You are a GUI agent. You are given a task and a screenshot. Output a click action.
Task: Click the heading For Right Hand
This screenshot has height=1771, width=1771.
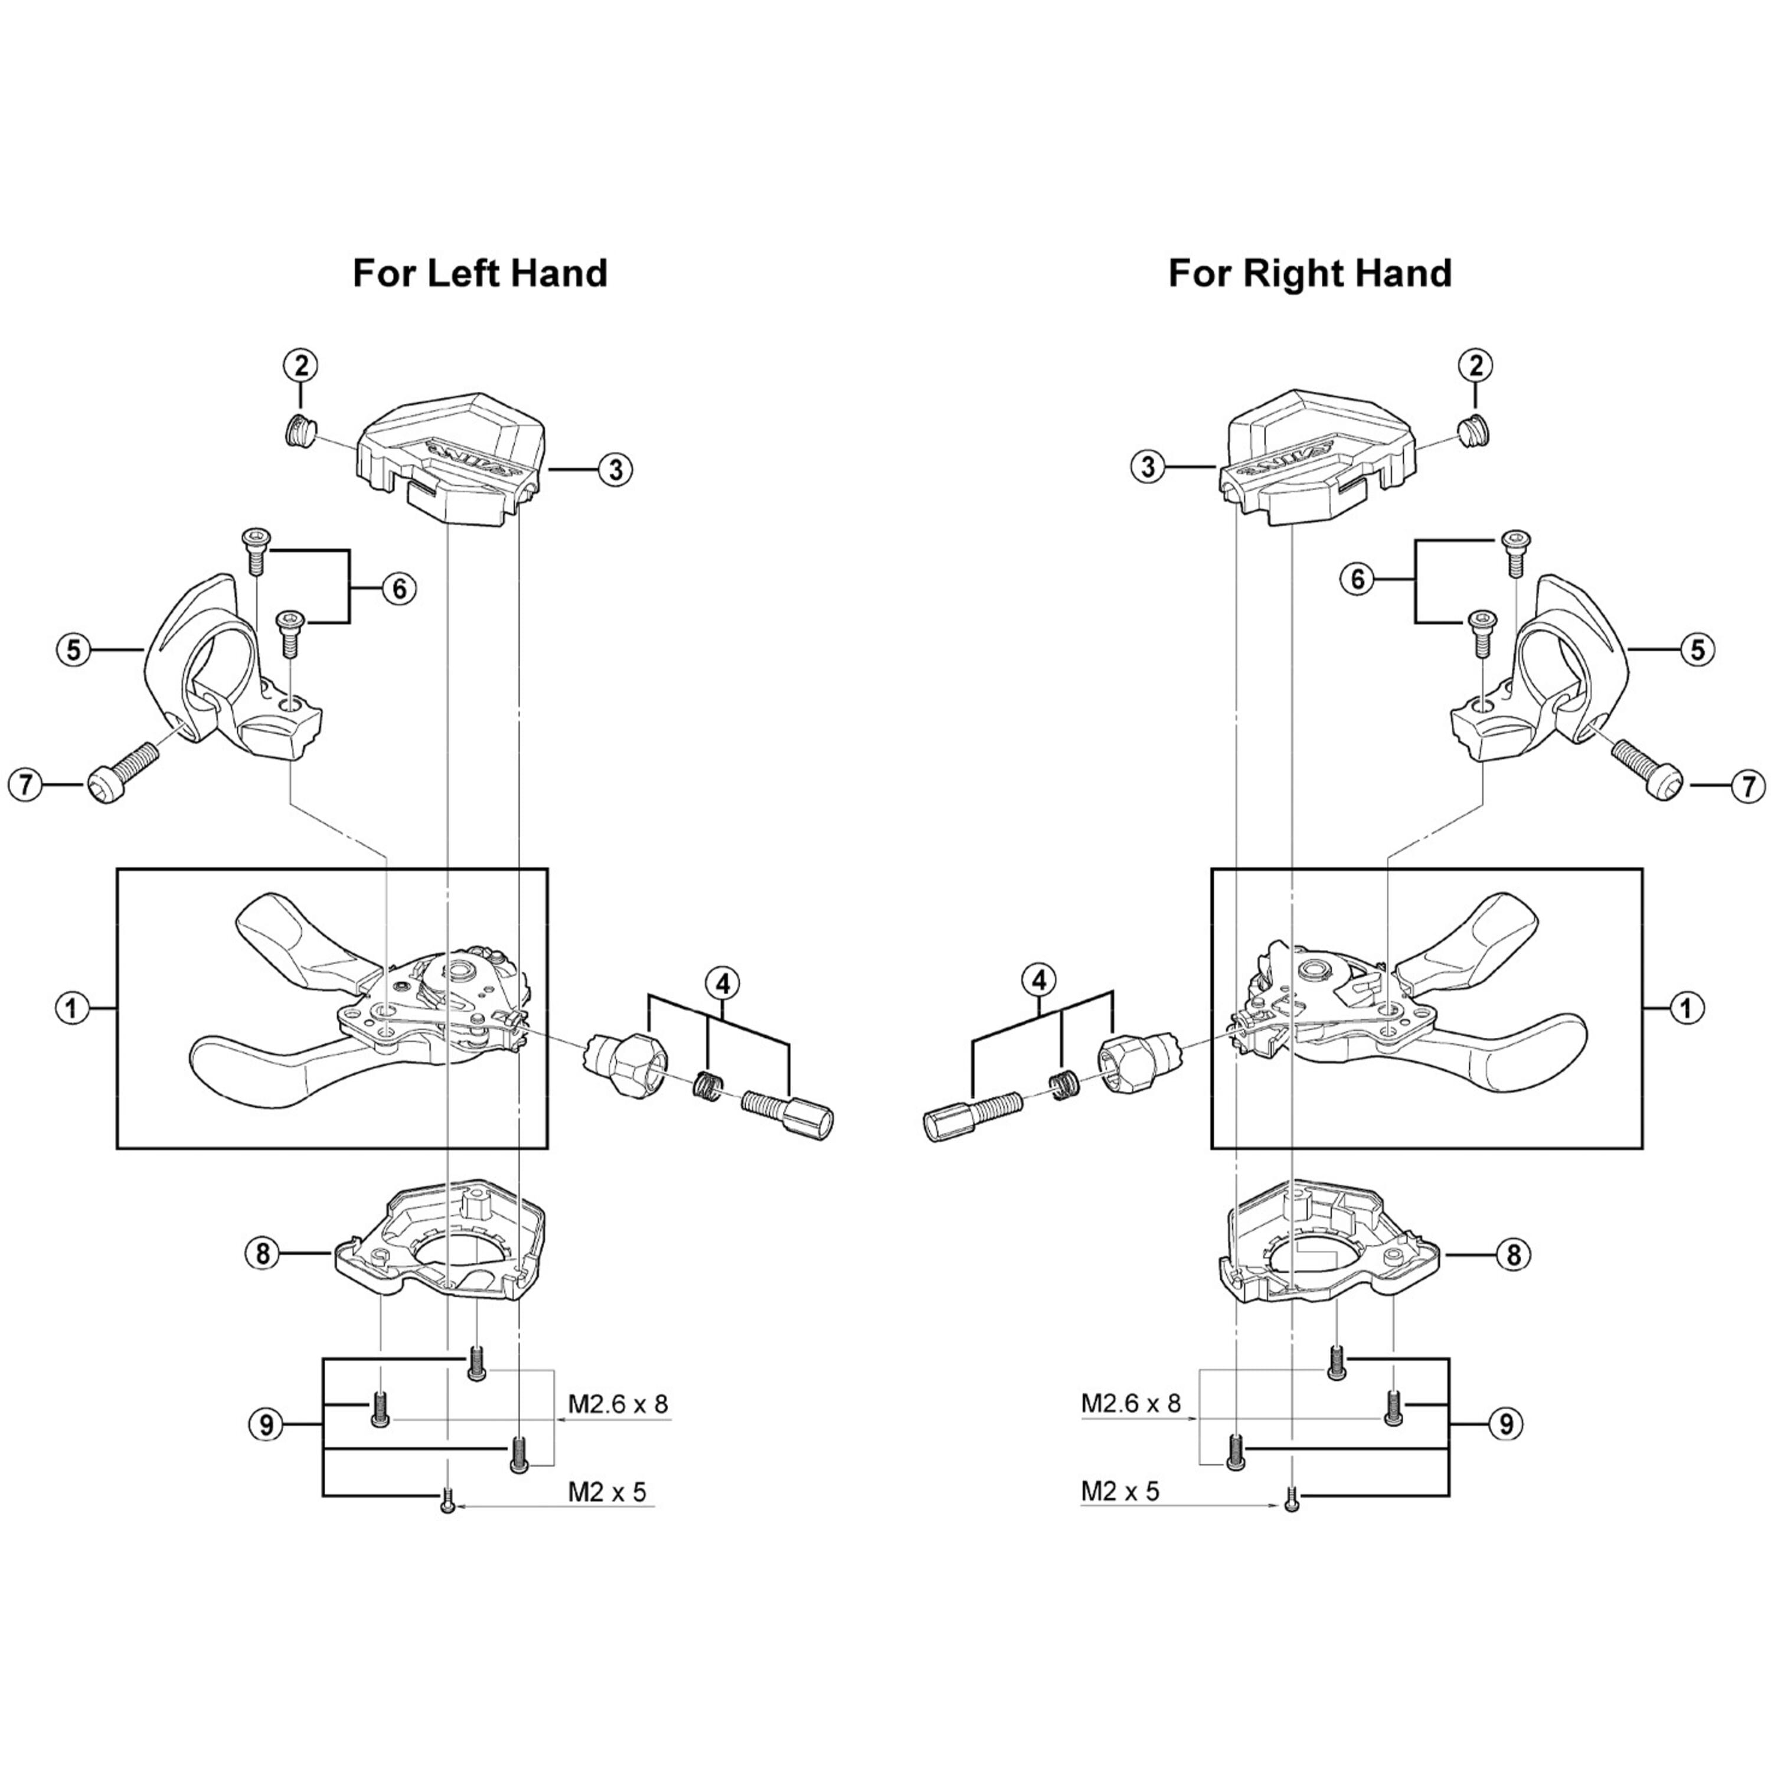point(1310,273)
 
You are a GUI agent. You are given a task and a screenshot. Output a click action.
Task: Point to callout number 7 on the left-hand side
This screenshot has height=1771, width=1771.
point(25,785)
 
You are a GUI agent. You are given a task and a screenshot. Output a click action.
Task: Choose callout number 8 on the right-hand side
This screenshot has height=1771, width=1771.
point(1512,1253)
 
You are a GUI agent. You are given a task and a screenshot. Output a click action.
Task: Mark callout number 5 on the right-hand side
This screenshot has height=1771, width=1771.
point(1698,650)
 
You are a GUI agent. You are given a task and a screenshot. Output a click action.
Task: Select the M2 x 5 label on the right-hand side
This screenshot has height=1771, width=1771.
point(1120,1491)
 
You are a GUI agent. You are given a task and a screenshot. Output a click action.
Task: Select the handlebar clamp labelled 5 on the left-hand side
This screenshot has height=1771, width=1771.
point(234,672)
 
